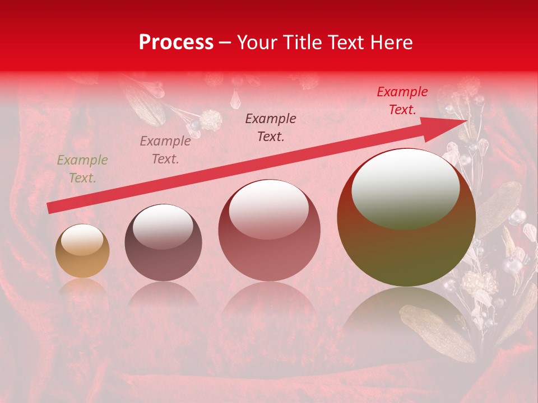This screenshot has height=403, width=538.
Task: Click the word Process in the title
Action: coord(176,43)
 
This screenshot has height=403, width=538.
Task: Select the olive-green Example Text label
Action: coord(82,169)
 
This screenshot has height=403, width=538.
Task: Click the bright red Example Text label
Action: coord(402,101)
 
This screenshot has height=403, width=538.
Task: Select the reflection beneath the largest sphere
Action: coord(406,313)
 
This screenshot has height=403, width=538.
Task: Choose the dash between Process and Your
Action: coord(225,43)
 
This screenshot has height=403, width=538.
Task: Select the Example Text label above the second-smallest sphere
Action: coord(165,150)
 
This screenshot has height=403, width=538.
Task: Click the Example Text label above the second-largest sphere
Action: coord(271,128)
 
